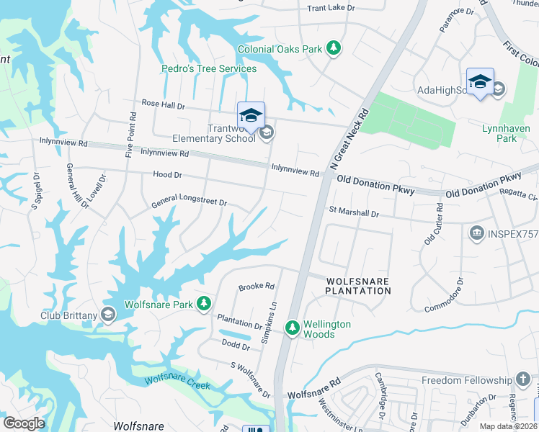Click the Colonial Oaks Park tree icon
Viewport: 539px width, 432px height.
[333, 49]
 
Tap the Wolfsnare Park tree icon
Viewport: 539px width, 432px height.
[204, 305]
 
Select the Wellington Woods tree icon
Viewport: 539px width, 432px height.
[293, 328]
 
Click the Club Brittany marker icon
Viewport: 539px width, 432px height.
[108, 314]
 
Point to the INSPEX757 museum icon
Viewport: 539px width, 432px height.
[476, 233]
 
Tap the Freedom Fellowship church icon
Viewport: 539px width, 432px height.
[523, 379]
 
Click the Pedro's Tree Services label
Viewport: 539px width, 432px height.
[208, 69]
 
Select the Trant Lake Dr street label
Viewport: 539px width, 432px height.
[331, 9]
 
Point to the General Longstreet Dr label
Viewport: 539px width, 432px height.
[189, 204]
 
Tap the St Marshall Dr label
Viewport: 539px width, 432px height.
[354, 214]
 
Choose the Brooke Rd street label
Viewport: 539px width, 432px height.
[257, 287]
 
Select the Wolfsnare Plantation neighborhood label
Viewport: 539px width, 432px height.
[357, 286]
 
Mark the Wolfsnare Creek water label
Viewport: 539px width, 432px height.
[177, 382]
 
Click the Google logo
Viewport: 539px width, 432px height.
[24, 423]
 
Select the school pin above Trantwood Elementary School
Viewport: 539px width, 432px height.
[251, 115]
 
